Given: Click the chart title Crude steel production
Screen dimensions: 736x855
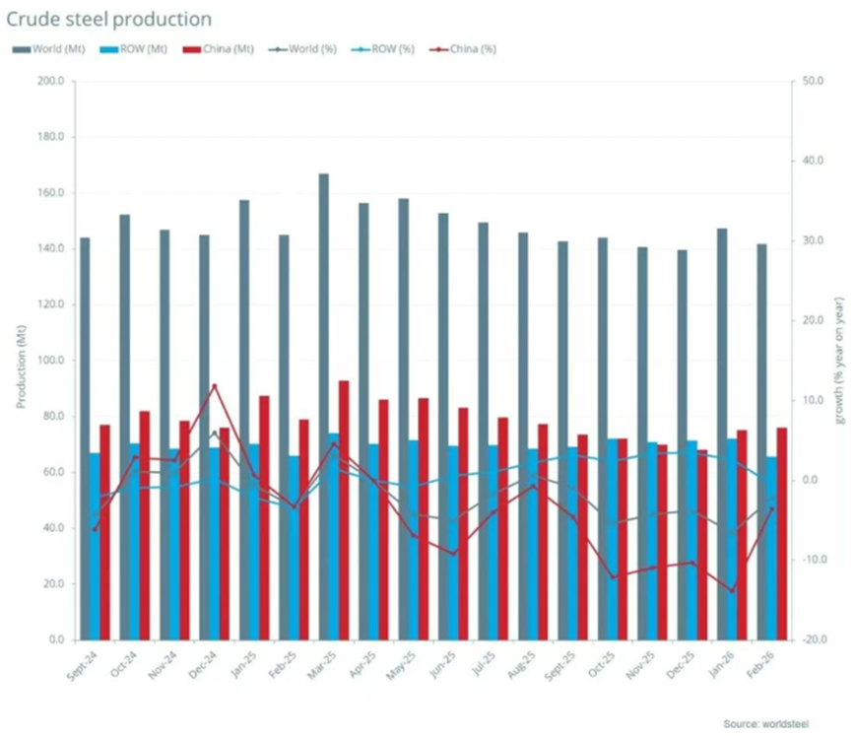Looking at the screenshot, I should click(x=112, y=19).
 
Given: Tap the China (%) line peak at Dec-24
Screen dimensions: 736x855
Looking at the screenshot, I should click(x=215, y=385).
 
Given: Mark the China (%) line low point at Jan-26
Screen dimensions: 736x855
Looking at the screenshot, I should click(x=732, y=591).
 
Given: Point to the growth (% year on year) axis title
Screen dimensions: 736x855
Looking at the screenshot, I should click(x=839, y=362).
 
